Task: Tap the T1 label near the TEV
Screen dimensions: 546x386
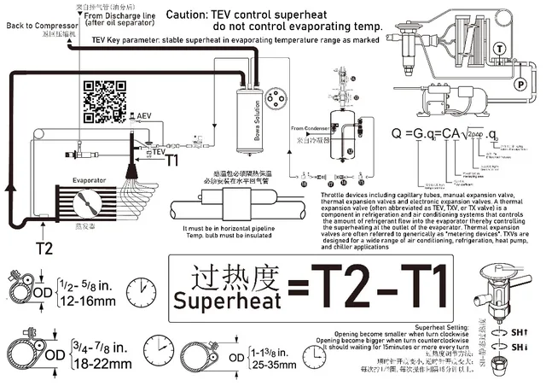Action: (x=171, y=160)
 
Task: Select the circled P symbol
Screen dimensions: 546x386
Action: (x=518, y=83)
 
